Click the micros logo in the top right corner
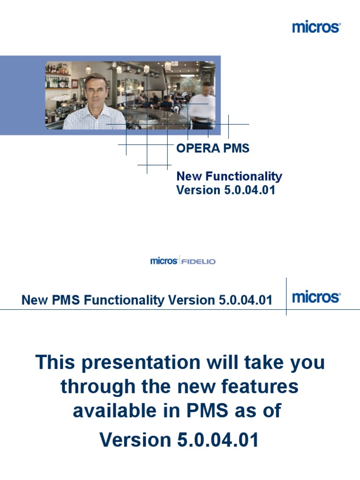(x=316, y=27)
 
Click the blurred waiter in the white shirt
(x=202, y=105)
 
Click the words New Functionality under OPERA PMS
(x=229, y=177)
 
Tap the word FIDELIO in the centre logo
(x=198, y=261)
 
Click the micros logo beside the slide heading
(x=316, y=297)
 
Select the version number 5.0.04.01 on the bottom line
(x=218, y=440)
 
